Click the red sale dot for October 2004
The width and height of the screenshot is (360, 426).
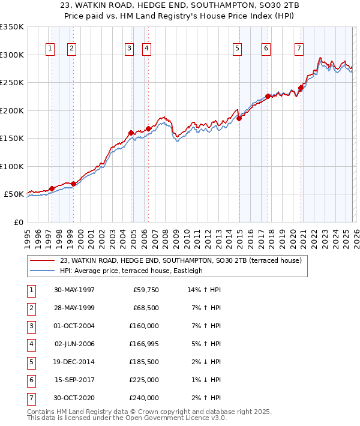click(131, 133)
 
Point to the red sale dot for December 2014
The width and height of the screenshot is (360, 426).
click(239, 119)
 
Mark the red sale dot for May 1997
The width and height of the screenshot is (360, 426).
click(52, 188)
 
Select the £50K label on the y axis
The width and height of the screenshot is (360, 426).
click(14, 194)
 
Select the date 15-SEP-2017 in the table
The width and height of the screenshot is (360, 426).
click(74, 380)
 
